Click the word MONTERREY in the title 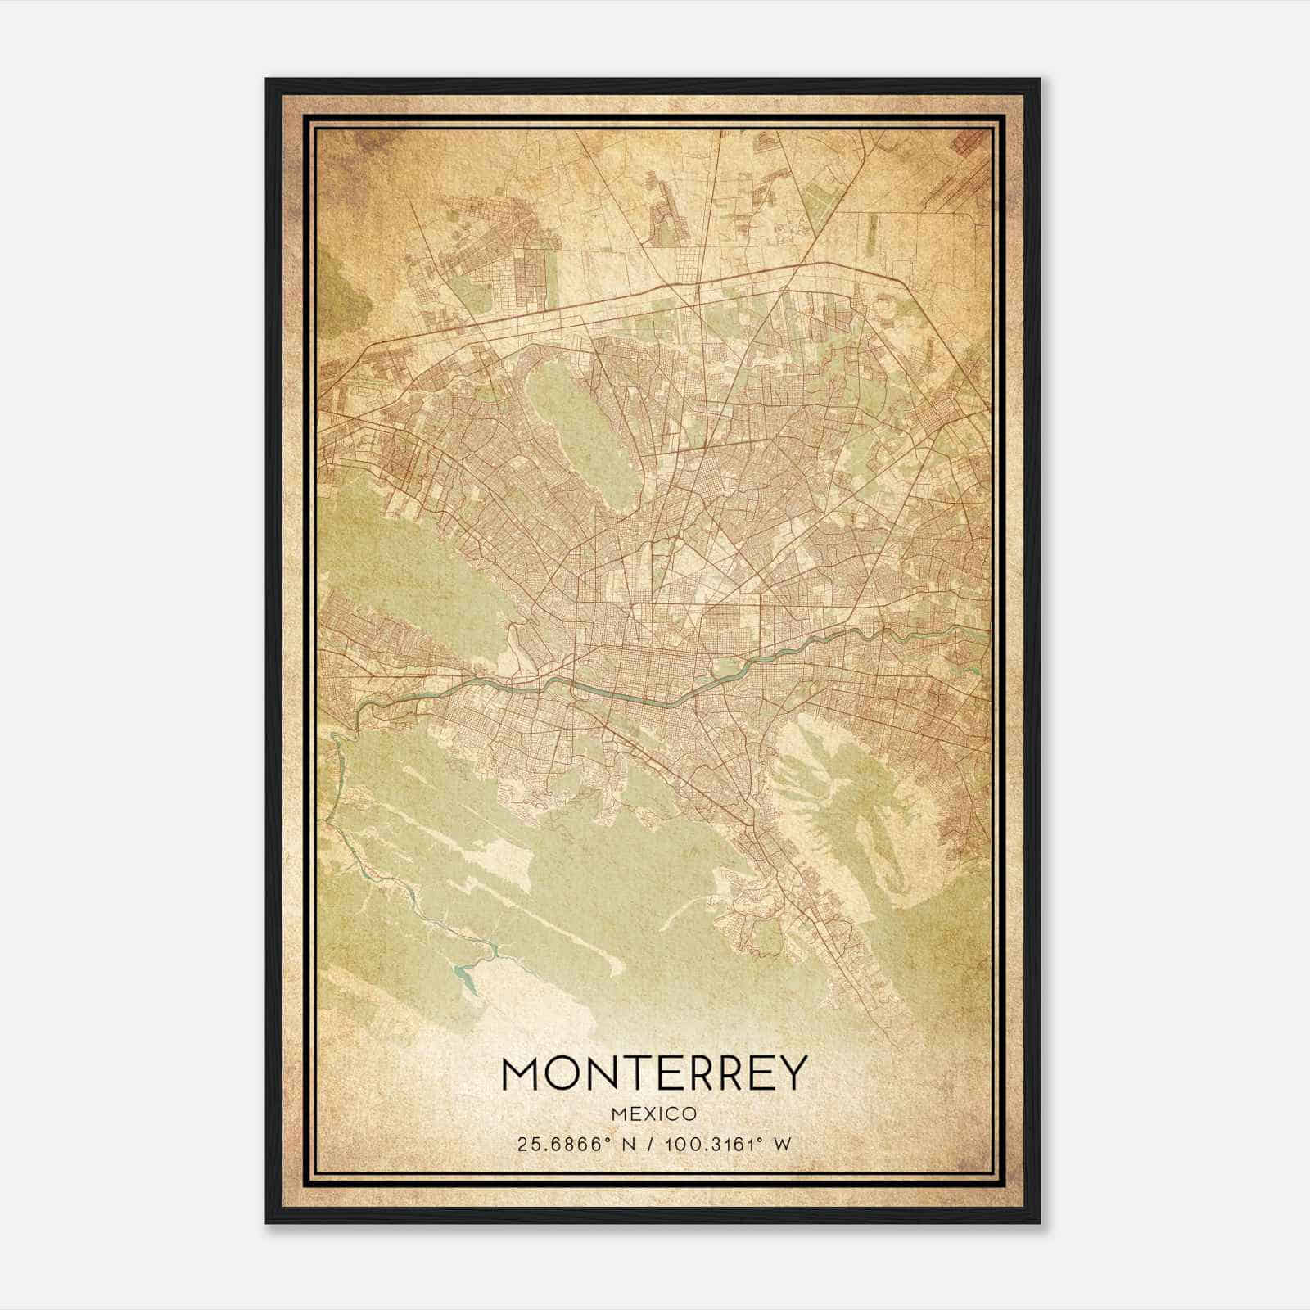653,1073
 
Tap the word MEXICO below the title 653,1114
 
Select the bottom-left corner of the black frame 268,1223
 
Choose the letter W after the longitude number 784,1145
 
